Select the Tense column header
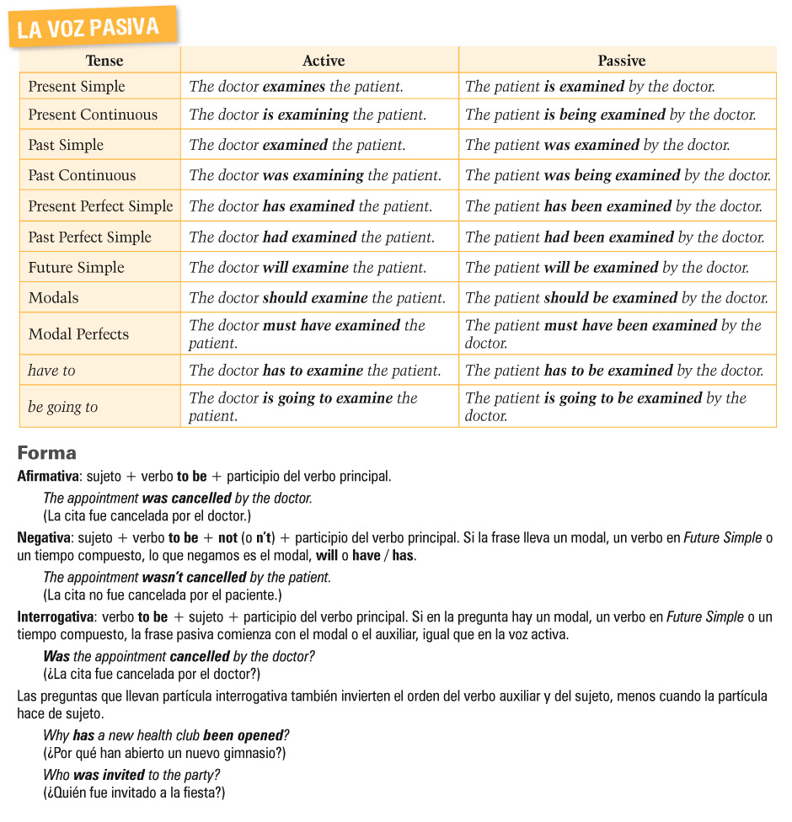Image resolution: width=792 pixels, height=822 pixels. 104,61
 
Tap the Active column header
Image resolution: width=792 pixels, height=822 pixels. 324,61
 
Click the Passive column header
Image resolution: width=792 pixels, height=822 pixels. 621,61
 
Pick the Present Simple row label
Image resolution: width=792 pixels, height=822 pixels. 77,87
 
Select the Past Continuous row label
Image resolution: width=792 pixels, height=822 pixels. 82,175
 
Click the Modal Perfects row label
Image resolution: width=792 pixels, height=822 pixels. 78,334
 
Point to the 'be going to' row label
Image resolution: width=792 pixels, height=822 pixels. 63,407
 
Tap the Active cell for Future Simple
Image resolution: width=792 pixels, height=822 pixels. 308,268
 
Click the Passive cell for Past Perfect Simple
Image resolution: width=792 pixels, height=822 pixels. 614,238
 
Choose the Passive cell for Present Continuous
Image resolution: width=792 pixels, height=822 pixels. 610,115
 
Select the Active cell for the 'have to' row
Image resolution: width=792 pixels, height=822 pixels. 314,371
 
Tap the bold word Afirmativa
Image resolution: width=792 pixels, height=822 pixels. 48,477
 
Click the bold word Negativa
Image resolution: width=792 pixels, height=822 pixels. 44,537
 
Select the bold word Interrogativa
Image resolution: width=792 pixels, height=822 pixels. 56,616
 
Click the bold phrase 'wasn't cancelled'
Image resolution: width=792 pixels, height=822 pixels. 194,578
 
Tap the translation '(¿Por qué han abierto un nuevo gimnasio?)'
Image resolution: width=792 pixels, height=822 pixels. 164,753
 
